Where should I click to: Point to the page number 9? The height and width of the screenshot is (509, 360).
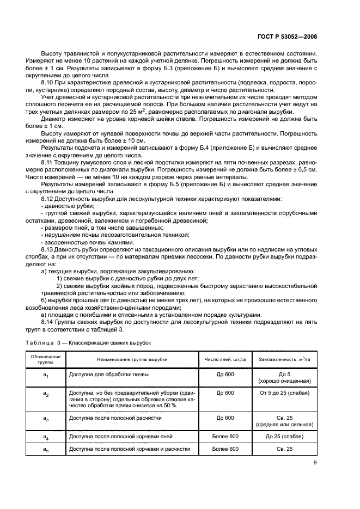click(x=315, y=463)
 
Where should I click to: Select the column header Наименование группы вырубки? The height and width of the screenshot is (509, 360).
click(x=132, y=360)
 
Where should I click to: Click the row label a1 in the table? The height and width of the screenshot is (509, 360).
click(x=46, y=375)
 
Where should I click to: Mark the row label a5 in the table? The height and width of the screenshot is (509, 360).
click(x=46, y=449)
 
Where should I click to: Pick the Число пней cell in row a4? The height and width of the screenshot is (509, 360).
click(x=225, y=437)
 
